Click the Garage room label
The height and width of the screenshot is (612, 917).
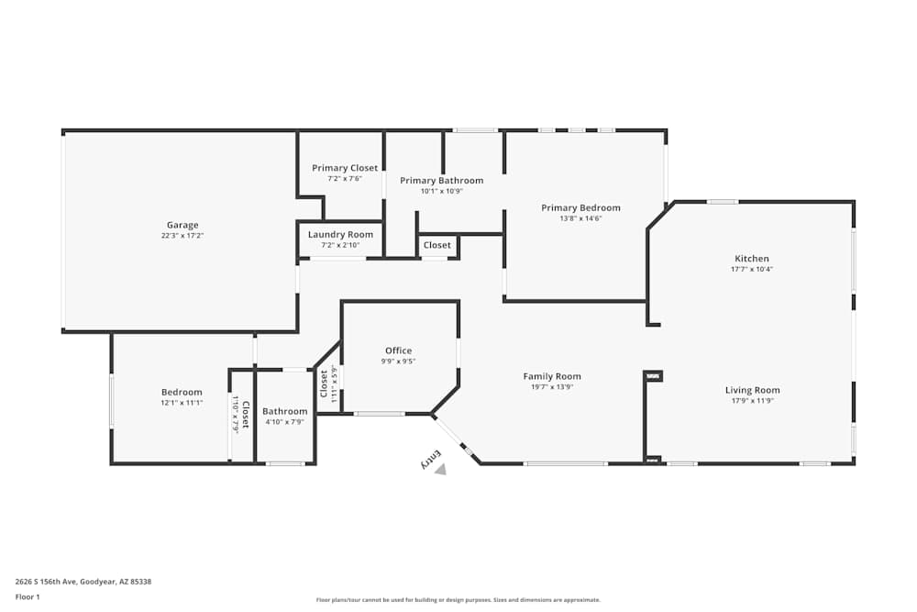tap(182, 225)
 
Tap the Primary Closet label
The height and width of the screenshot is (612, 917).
tap(344, 168)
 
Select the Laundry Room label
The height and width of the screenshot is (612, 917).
tap(340, 235)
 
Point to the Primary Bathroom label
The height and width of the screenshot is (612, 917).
tap(441, 181)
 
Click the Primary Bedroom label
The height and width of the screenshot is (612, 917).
tap(580, 207)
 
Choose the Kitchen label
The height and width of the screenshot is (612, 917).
tap(751, 259)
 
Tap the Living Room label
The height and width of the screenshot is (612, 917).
tap(752, 390)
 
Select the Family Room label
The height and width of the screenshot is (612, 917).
tap(552, 376)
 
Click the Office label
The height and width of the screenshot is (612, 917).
tap(398, 351)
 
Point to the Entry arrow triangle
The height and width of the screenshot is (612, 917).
tap(441, 469)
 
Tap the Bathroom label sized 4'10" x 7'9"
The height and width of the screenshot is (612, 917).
tap(284, 411)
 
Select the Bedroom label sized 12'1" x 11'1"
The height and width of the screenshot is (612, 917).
tap(182, 392)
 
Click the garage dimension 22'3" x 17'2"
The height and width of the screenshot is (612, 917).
tap(182, 236)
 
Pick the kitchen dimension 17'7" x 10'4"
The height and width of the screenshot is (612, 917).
tap(751, 270)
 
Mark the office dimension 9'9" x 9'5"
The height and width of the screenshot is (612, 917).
tap(398, 362)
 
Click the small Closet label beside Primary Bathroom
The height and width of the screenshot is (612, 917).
tap(437, 245)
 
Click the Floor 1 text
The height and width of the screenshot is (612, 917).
tap(28, 596)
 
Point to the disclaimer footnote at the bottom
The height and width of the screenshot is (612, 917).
tap(458, 600)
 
